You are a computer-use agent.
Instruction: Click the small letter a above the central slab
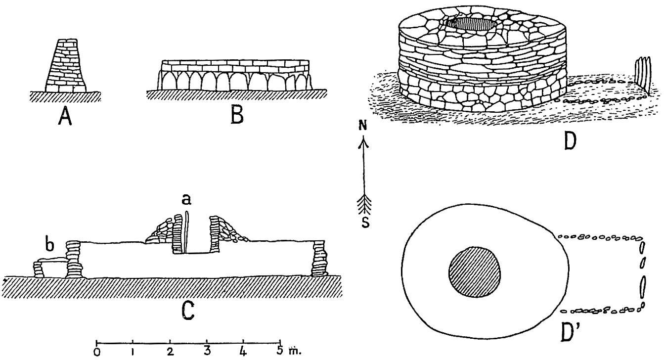pyautogui.click(x=186, y=200)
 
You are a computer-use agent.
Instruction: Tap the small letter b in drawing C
pyautogui.click(x=50, y=245)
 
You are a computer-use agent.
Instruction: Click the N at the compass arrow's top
pyautogui.click(x=363, y=127)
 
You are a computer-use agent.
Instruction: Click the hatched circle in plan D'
pyautogui.click(x=475, y=272)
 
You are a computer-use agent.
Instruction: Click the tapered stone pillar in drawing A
pyautogui.click(x=65, y=65)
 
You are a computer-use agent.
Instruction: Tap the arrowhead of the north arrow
pyautogui.click(x=364, y=144)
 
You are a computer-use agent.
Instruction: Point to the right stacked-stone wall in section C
pyautogui.click(x=319, y=260)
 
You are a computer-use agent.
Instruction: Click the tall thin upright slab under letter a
pyautogui.click(x=186, y=232)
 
